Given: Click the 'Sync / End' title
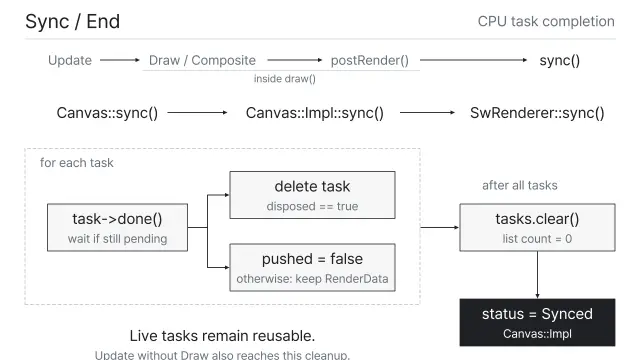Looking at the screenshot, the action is click(x=72, y=22).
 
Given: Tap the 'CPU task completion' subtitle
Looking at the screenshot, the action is click(x=546, y=22).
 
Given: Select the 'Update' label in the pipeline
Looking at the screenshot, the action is click(x=70, y=60).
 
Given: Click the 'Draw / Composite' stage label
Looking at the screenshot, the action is click(x=202, y=60).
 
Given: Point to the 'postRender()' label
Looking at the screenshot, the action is click(x=369, y=60).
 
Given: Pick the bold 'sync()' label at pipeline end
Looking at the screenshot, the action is click(x=560, y=60).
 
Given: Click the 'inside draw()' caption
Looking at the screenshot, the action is click(x=284, y=79).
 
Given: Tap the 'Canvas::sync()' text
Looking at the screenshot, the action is click(x=107, y=113).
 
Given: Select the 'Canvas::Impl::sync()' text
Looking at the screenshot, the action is click(x=315, y=113).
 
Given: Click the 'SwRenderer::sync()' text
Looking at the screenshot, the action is click(x=537, y=113).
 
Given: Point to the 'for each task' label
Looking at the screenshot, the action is click(x=77, y=163).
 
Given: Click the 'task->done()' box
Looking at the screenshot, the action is click(x=118, y=227).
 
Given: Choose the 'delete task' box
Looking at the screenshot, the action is click(x=312, y=195).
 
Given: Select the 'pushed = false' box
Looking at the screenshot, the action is click(x=312, y=267).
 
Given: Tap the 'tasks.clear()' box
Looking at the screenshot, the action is click(x=537, y=227).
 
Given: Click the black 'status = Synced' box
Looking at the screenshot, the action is click(x=537, y=322).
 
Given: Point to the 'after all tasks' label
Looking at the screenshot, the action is click(x=520, y=185).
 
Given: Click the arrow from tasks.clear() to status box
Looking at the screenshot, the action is click(x=537, y=275).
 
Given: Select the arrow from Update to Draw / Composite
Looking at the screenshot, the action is click(x=120, y=60).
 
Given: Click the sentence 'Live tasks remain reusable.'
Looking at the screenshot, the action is click(x=222, y=336).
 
